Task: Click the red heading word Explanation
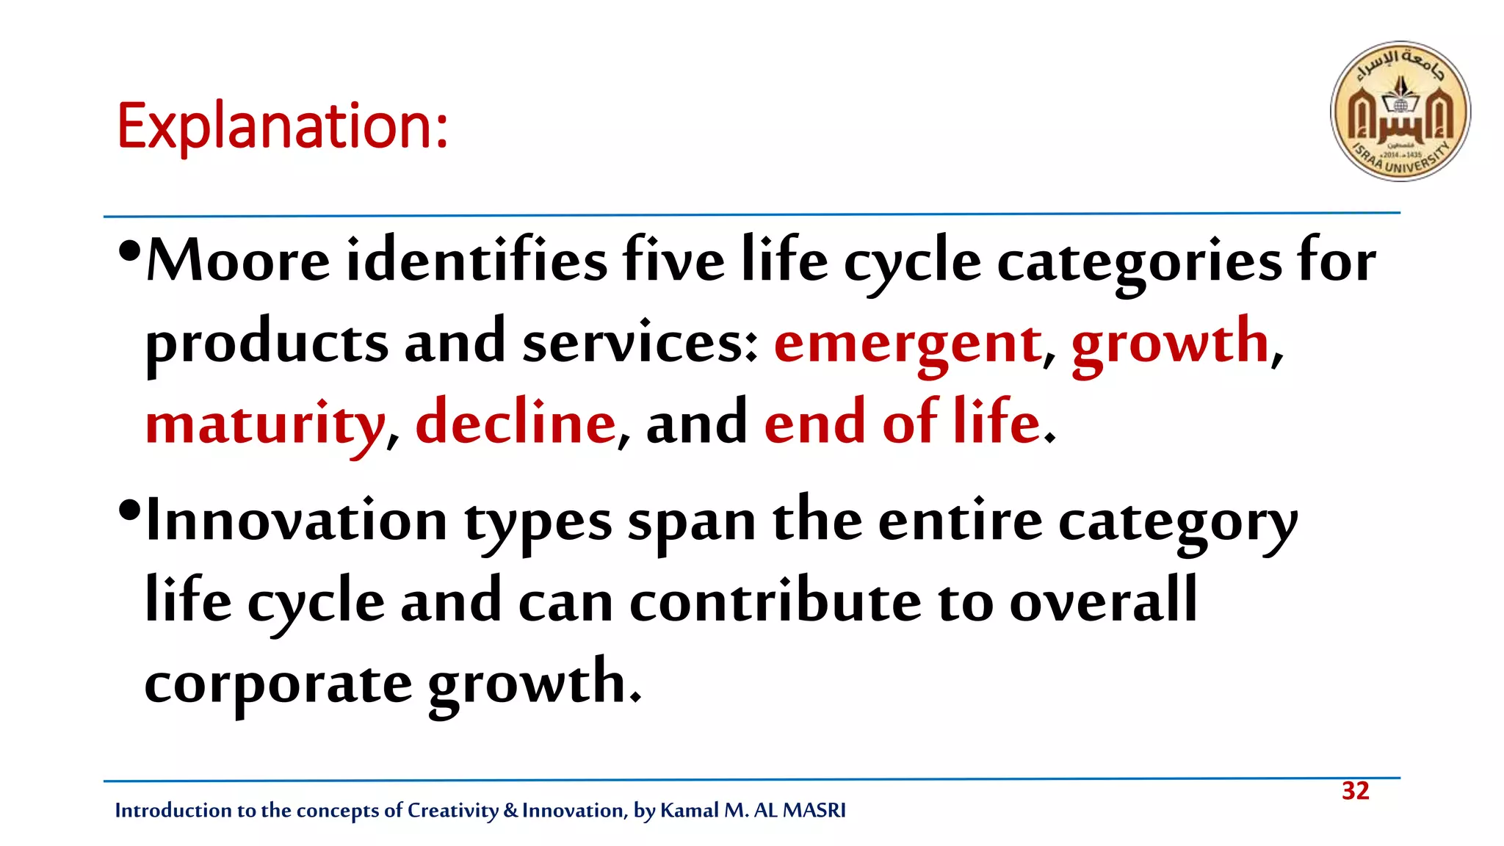point(282,126)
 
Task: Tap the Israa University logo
point(1400,111)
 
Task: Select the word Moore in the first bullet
point(239,261)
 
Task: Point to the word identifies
point(477,261)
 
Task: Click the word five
point(673,261)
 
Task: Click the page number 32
point(1355,791)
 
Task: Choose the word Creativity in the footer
point(452,810)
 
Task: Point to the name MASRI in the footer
point(814,810)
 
